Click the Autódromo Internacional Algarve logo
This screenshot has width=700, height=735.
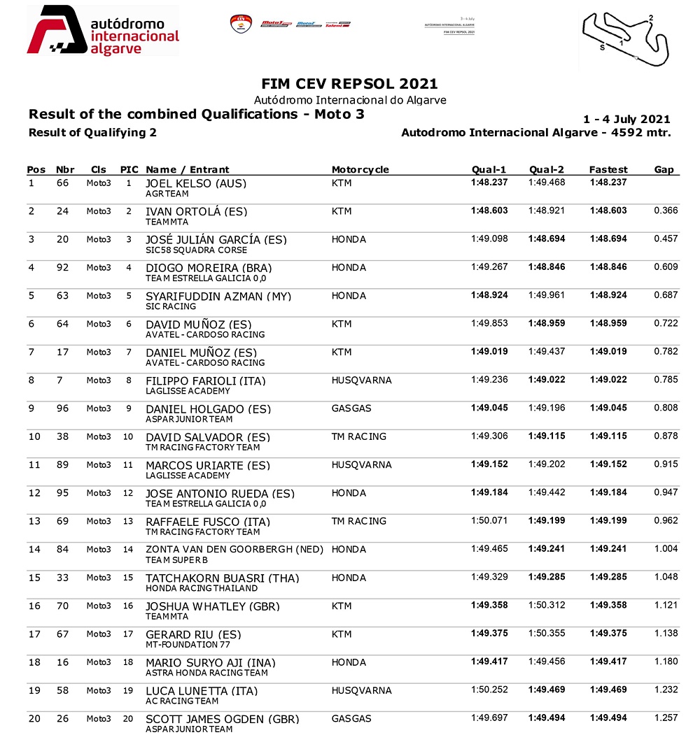(102, 31)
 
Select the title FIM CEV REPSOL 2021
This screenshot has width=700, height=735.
(349, 84)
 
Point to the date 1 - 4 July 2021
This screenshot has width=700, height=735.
(626, 120)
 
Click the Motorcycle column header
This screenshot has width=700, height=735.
(360, 169)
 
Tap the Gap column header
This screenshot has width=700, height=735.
(664, 169)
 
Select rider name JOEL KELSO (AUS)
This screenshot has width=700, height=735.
(195, 184)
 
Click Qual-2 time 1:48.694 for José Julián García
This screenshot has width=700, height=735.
(546, 239)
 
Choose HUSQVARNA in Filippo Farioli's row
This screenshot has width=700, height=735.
(361, 380)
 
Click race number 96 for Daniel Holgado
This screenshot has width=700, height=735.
(63, 408)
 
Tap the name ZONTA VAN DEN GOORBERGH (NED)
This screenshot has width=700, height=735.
(235, 550)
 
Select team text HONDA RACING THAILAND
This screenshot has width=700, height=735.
(192, 588)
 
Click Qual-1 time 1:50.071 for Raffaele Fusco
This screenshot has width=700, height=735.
(489, 521)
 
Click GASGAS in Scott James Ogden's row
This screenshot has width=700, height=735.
(351, 719)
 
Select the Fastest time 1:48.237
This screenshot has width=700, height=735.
(608, 183)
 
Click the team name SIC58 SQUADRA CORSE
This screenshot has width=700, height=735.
(196, 250)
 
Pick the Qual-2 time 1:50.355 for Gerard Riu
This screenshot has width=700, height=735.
(546, 634)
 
